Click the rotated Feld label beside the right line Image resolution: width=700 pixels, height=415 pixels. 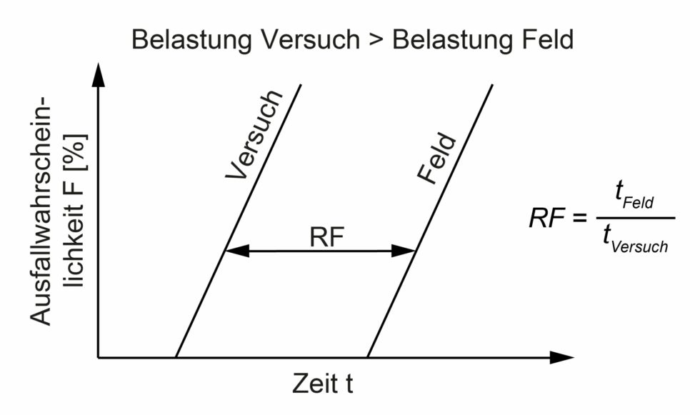pos(436,158)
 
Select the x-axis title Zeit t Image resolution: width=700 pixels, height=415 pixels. pos(323,384)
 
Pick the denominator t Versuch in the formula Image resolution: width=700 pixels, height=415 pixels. pos(633,240)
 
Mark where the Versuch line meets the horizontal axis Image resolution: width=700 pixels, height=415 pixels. pos(176,357)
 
